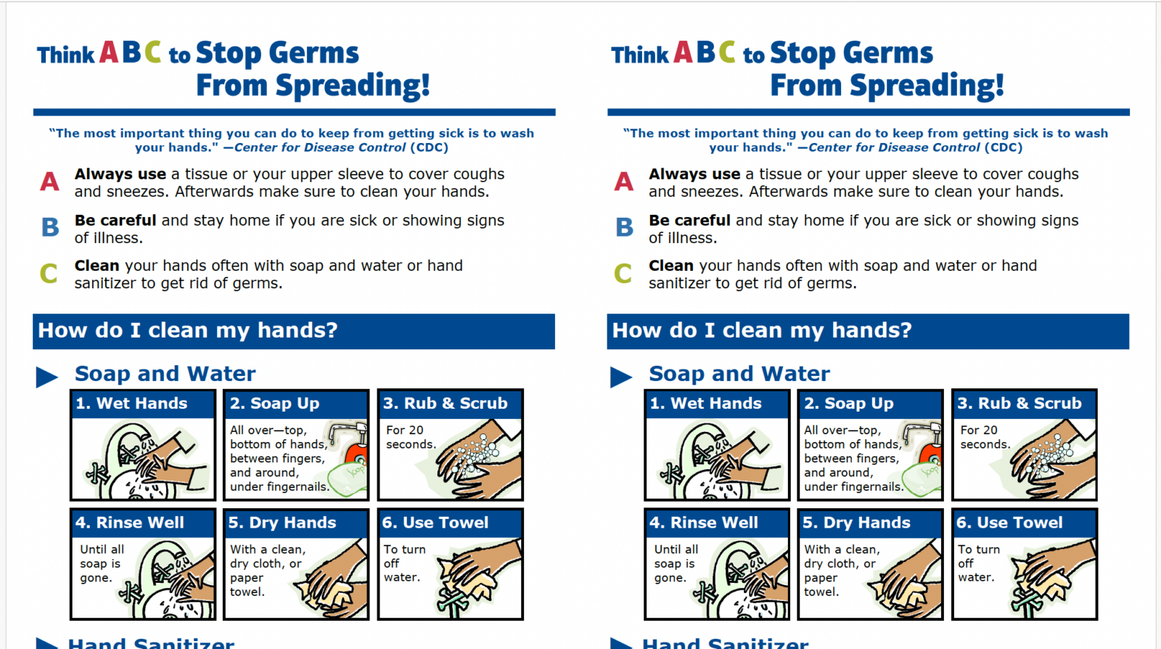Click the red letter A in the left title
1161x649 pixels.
pyautogui.click(x=109, y=52)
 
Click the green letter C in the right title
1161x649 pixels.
pyautogui.click(x=726, y=52)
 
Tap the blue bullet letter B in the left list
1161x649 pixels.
pyautogui.click(x=50, y=227)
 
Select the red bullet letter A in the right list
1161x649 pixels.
pyautogui.click(x=623, y=181)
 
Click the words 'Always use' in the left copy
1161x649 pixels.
pyautogui.click(x=120, y=174)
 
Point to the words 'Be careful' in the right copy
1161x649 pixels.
pyautogui.click(x=689, y=220)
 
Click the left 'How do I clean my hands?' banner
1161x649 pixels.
pyautogui.click(x=293, y=331)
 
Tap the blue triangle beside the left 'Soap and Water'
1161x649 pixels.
pyautogui.click(x=47, y=377)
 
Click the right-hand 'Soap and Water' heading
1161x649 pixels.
pyautogui.click(x=739, y=374)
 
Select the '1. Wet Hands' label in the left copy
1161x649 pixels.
pyautogui.click(x=132, y=404)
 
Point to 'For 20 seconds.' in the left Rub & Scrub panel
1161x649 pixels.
pyautogui.click(x=410, y=437)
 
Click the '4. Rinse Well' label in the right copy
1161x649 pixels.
pyautogui.click(x=704, y=523)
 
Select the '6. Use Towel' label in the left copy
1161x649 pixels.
pyautogui.click(x=435, y=523)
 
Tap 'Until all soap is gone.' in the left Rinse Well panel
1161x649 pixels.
pyautogui.click(x=102, y=563)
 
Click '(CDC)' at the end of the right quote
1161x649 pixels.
pyautogui.click(x=1003, y=147)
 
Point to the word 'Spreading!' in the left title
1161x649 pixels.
pyautogui.click(x=353, y=86)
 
